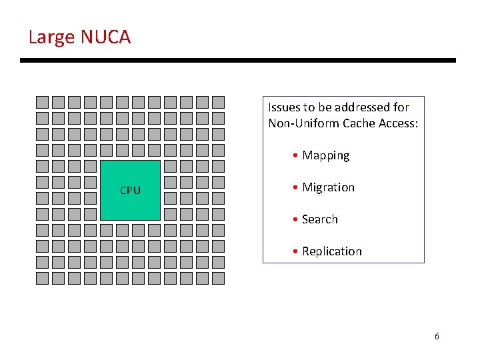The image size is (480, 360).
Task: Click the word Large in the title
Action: [x=51, y=37]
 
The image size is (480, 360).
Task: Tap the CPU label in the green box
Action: [x=130, y=191]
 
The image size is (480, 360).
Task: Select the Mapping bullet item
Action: [x=325, y=155]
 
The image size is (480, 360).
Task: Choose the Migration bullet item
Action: [x=328, y=187]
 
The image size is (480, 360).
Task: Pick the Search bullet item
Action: [x=319, y=219]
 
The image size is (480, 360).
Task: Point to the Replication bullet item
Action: [x=331, y=251]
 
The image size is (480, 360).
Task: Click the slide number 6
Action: [x=437, y=336]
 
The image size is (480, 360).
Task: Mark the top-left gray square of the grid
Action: [x=42, y=102]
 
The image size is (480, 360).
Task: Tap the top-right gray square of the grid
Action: [x=218, y=102]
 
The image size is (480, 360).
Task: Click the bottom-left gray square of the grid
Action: [x=42, y=278]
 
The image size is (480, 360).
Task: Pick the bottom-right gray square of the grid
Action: [x=218, y=278]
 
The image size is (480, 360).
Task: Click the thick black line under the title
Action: [x=238, y=61]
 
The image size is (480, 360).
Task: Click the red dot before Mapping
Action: [x=295, y=156]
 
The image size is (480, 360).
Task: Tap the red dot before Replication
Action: [x=295, y=252]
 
